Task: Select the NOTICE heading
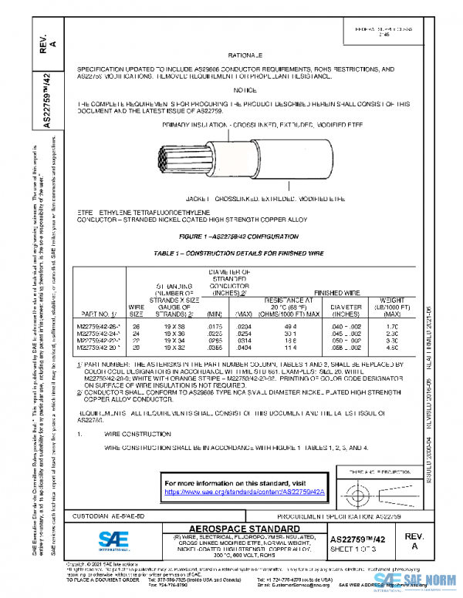[245, 89]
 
